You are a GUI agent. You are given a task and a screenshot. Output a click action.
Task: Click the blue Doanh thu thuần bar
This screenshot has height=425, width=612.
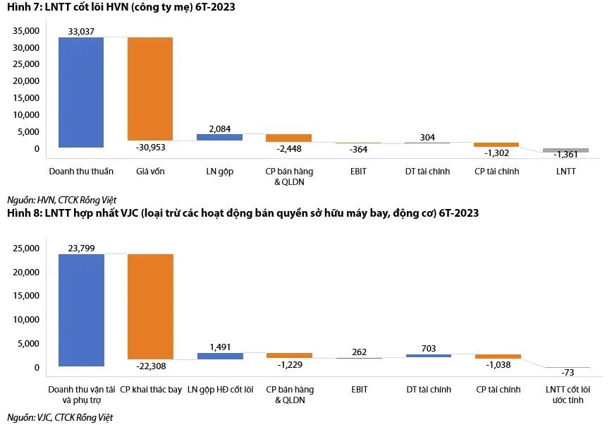(81, 92)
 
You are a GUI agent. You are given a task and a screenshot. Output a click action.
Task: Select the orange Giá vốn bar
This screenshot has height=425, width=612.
(150, 88)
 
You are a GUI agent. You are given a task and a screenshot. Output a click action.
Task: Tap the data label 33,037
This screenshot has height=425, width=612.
(82, 32)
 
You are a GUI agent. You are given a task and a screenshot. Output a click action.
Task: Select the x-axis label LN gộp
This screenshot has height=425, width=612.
(219, 172)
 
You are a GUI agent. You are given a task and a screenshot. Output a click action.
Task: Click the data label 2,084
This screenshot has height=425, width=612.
(219, 128)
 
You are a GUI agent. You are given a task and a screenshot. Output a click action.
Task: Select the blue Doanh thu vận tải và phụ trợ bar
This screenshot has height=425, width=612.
(81, 310)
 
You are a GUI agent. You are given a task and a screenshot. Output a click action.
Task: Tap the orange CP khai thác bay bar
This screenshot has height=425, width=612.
(150, 306)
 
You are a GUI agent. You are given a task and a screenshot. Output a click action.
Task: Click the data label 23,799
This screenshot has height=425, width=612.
(82, 248)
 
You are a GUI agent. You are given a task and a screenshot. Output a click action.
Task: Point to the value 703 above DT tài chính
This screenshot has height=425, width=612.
(428, 348)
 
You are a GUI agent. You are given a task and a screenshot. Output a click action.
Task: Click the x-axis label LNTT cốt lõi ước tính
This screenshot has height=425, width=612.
(568, 394)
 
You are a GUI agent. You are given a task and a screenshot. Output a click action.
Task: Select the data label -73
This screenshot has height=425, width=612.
(568, 372)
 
